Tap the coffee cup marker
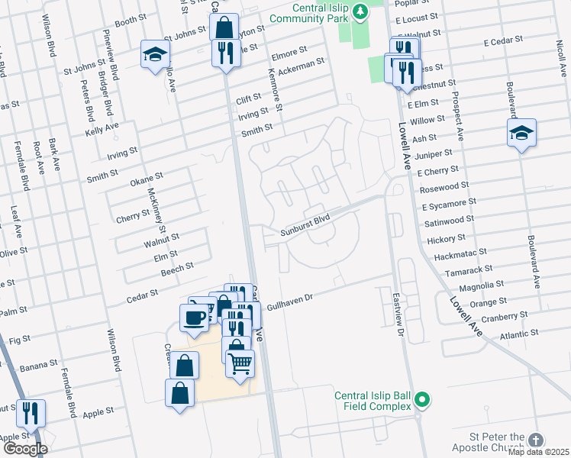point(194,316)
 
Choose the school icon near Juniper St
point(522,133)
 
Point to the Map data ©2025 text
point(537,452)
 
